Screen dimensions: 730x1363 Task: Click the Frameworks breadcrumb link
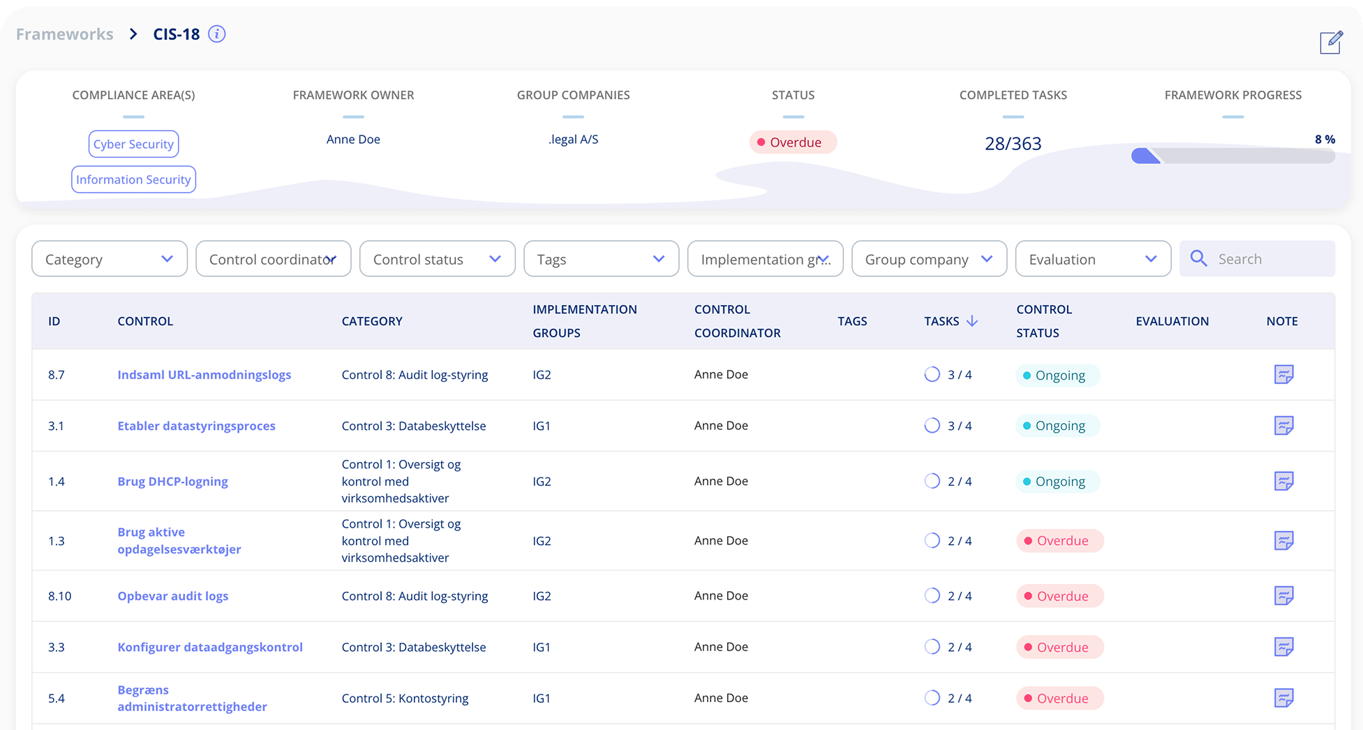coord(64,34)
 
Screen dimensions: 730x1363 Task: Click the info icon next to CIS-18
coord(217,34)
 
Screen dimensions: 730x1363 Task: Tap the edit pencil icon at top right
coord(1330,43)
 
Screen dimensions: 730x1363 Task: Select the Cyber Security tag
coord(133,144)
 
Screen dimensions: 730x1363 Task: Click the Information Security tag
coord(133,179)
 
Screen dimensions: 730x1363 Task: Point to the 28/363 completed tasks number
coord(1013,144)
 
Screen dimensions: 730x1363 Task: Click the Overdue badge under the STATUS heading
coord(793,142)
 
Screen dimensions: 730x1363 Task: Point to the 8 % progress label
coord(1324,140)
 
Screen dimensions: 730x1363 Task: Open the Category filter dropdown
coord(110,259)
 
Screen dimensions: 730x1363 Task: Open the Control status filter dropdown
coord(437,259)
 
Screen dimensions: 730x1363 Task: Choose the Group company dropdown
coord(929,259)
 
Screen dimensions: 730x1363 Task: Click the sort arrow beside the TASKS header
coord(971,321)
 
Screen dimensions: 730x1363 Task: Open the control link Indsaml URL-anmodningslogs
coord(204,375)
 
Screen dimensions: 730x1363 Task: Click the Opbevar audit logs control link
coord(172,596)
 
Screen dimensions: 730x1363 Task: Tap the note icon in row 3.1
coord(1283,426)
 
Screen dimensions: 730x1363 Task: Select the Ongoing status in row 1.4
coord(1057,482)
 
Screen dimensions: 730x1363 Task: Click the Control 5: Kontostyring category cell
coord(405,698)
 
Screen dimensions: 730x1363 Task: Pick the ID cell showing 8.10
coord(60,596)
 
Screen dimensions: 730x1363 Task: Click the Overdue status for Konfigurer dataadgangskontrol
coord(1059,647)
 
